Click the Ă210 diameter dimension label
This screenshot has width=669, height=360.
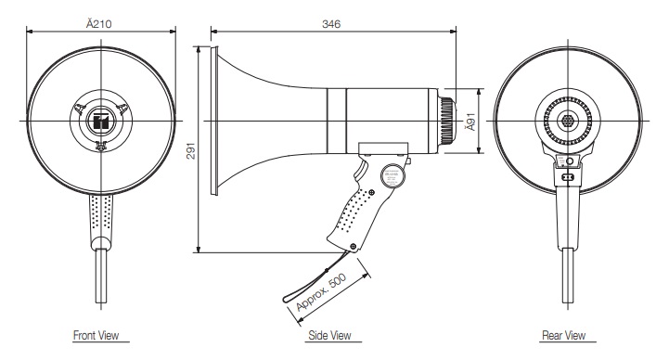click(x=99, y=23)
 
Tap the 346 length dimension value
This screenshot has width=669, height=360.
click(x=331, y=24)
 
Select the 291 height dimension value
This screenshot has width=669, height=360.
click(x=191, y=150)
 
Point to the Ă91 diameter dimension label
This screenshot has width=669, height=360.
click(x=470, y=122)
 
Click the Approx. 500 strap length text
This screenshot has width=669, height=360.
click(x=321, y=293)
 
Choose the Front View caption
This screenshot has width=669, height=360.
click(x=96, y=335)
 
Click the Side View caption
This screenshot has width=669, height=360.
click(x=329, y=335)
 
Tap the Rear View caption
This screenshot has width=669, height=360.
click(x=563, y=335)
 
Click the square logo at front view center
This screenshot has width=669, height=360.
click(x=101, y=122)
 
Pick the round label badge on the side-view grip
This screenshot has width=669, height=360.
click(x=392, y=174)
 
